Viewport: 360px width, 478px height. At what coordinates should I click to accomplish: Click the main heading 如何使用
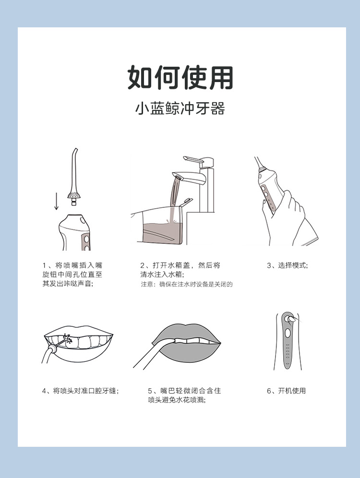pyautogui.click(x=180, y=77)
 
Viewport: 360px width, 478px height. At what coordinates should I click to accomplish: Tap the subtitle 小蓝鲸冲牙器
pyautogui.click(x=180, y=109)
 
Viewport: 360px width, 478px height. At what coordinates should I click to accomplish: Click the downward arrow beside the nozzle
pyautogui.click(x=56, y=201)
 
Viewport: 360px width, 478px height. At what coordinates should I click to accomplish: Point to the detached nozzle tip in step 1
pyautogui.click(x=73, y=177)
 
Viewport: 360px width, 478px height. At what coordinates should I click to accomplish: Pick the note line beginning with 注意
pyautogui.click(x=187, y=284)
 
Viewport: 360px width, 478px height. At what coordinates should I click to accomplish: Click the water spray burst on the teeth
pyautogui.click(x=67, y=339)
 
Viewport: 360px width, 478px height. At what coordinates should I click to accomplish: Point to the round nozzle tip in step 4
pyautogui.click(x=53, y=348)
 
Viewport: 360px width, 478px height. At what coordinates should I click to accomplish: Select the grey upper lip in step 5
pyautogui.click(x=186, y=333)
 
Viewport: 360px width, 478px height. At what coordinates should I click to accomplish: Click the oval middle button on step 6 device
pyautogui.click(x=287, y=333)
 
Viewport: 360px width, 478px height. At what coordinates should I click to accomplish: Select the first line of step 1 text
pyautogui.click(x=72, y=265)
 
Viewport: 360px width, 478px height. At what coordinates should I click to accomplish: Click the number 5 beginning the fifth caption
pyautogui.click(x=150, y=391)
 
